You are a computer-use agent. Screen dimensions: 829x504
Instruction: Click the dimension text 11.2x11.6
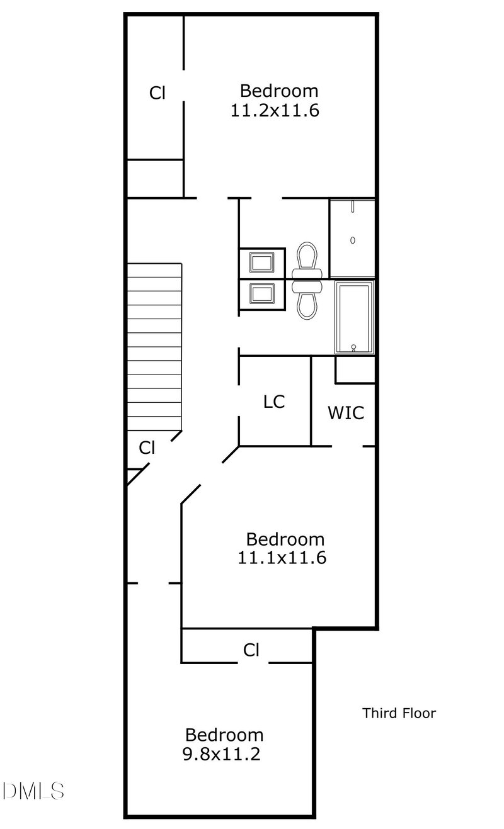(275, 111)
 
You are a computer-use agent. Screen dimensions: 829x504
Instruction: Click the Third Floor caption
(399, 713)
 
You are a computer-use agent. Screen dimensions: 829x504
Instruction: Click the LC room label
(274, 402)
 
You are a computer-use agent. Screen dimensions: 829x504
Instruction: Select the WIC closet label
(345, 413)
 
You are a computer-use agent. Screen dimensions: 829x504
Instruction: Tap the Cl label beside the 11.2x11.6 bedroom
(157, 93)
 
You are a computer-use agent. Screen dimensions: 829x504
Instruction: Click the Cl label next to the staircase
(147, 448)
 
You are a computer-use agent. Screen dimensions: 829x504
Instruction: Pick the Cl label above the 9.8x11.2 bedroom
(251, 650)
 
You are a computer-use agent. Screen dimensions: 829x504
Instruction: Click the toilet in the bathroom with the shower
(307, 259)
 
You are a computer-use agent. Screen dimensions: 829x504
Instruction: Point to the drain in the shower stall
(353, 240)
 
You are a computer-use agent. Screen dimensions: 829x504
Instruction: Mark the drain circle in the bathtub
(354, 347)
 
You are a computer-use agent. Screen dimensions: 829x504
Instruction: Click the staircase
(155, 346)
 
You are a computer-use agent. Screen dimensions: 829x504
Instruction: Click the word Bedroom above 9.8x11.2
(224, 735)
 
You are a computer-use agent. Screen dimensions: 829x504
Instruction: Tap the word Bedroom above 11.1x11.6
(285, 539)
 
